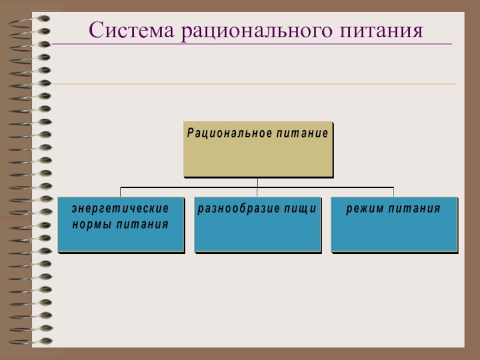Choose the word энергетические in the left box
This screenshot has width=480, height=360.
click(x=120, y=209)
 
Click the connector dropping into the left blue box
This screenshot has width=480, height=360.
click(x=120, y=192)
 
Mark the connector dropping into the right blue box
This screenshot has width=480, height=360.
click(x=394, y=192)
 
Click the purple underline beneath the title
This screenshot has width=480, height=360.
click(x=252, y=44)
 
